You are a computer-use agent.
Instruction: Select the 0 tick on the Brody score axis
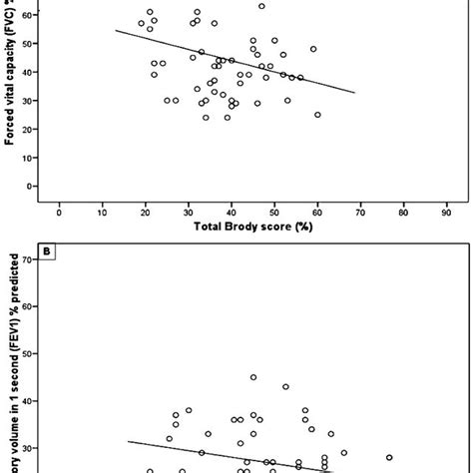(60, 213)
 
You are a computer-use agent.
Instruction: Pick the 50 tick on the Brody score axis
(275, 213)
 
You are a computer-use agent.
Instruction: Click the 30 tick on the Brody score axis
(189, 213)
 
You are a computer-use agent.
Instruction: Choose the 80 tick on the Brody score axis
(404, 213)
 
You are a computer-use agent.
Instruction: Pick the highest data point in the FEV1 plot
(253, 378)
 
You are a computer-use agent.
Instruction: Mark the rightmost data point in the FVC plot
(317, 115)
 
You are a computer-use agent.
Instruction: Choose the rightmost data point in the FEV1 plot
(389, 458)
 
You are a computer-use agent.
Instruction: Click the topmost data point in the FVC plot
(261, 6)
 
